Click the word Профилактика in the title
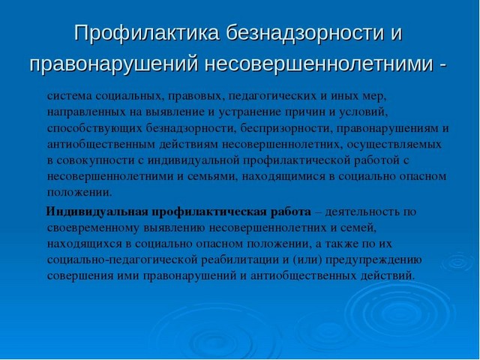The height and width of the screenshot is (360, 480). (146, 33)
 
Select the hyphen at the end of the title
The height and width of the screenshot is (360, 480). (442, 65)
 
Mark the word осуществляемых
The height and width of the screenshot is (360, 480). (394, 145)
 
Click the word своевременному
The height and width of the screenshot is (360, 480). (93, 228)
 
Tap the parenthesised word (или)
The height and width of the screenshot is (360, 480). (307, 260)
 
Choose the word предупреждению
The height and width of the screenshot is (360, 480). (373, 260)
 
